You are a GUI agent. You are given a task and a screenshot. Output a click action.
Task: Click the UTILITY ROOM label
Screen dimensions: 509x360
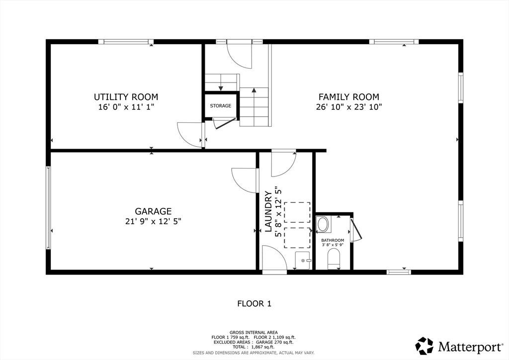126,97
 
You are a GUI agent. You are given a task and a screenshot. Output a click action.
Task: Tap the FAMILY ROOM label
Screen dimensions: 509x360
348,97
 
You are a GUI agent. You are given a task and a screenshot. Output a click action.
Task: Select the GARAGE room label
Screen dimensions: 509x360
153,211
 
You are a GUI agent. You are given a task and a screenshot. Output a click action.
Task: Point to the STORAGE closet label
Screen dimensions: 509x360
221,106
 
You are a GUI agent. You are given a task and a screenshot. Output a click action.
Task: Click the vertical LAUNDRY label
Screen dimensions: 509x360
268,211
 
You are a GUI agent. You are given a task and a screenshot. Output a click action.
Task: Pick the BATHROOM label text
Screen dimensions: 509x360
333,241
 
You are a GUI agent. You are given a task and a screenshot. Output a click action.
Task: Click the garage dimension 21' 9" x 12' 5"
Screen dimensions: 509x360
153,221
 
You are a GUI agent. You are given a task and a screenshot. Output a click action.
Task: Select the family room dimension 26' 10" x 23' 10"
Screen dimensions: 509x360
349,107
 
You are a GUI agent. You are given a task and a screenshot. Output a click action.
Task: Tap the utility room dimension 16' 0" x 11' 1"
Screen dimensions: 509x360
126,107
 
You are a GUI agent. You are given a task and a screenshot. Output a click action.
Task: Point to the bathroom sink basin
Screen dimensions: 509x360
323,224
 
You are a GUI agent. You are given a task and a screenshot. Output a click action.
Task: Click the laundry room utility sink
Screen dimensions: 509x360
303,261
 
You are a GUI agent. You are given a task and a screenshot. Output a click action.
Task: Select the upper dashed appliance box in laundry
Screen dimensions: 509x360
297,212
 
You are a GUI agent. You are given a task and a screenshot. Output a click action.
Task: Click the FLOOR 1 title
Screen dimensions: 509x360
254,304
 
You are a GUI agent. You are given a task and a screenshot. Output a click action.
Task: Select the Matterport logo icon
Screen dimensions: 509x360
424,346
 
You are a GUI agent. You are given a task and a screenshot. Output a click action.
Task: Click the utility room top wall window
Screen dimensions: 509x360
126,42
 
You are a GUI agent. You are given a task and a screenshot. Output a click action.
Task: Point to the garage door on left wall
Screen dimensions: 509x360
48,208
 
